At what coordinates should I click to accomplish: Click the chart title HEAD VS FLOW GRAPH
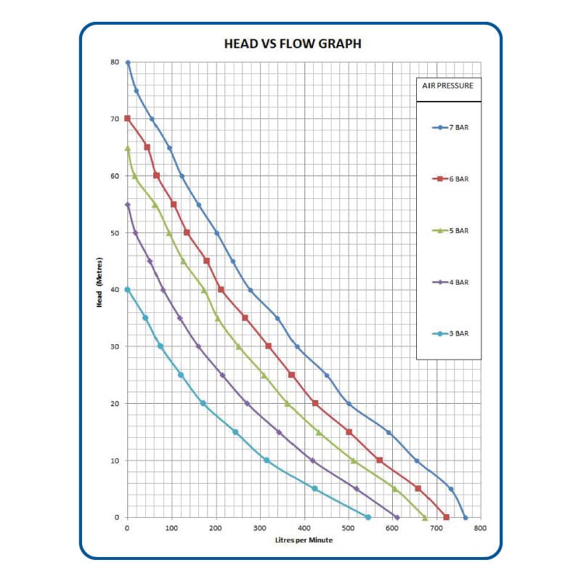click(293, 44)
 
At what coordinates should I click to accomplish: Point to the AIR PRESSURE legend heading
click(448, 86)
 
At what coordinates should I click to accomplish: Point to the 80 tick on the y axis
click(115, 62)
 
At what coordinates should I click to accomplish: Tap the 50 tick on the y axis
click(115, 233)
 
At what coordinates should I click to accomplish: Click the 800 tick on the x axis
click(480, 528)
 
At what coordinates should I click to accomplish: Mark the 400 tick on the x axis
click(304, 528)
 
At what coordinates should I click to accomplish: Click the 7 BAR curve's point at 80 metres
click(128, 62)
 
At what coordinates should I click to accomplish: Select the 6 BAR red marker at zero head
click(446, 517)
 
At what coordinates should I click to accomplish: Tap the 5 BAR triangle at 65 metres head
click(128, 148)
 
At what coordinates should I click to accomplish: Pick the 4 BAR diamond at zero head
click(397, 517)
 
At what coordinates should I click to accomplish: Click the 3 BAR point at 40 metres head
click(128, 290)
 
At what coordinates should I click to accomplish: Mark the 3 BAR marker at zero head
click(368, 517)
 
